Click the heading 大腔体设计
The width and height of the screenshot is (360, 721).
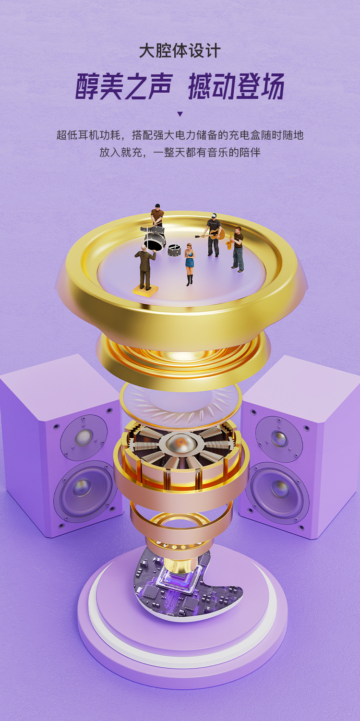pos(180,51)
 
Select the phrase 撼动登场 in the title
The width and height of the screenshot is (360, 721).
pos(236,86)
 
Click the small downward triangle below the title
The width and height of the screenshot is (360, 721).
pos(180,114)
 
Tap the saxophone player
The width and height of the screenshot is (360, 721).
pos(238,249)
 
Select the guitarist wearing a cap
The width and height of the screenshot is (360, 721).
pos(214,234)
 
